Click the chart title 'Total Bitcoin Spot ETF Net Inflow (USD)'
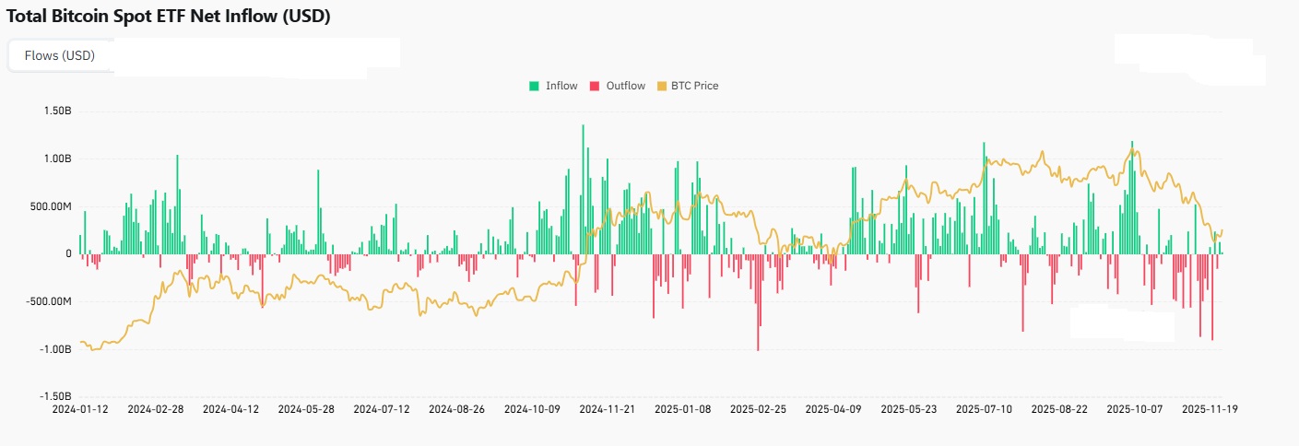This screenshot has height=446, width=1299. (x=168, y=17)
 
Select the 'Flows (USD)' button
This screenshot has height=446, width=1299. (x=60, y=55)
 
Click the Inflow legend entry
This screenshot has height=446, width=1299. (x=553, y=86)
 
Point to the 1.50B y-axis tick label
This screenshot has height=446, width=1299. (x=57, y=111)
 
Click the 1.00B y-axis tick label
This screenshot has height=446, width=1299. (x=57, y=158)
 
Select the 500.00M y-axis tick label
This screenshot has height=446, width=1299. (x=50, y=206)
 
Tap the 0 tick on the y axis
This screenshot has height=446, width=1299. (x=67, y=253)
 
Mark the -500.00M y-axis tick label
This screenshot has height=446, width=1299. (x=48, y=301)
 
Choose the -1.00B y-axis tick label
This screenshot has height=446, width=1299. (x=55, y=349)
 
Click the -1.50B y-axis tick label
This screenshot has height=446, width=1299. (x=55, y=396)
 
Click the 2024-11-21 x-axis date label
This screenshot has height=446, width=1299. (x=608, y=407)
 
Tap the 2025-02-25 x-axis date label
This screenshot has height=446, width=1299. (x=759, y=407)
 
